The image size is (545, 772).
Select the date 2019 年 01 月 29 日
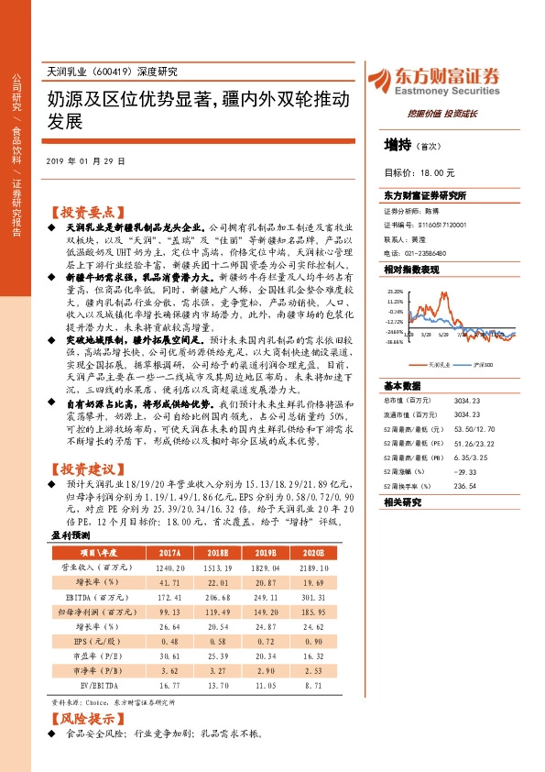(84, 160)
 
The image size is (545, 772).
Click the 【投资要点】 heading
(84, 210)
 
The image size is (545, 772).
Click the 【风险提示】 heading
(84, 719)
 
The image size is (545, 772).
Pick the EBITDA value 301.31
(311, 596)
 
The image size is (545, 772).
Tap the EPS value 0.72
(264, 639)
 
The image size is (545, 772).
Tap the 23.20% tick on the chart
(396, 289)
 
